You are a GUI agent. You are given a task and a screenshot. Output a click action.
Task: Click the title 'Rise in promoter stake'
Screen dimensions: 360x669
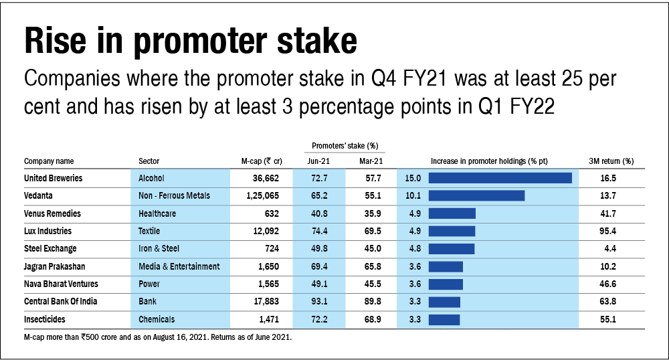click(190, 41)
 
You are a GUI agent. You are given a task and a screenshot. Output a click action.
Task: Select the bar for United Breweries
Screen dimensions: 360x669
click(500, 178)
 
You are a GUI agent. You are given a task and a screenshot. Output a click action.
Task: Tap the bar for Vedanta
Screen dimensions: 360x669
click(476, 195)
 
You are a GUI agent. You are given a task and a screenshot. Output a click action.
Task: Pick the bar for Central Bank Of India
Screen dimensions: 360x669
click(444, 301)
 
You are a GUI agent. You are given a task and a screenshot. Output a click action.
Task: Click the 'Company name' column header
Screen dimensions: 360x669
click(49, 161)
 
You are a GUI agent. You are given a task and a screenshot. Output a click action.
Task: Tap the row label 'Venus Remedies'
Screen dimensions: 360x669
click(52, 213)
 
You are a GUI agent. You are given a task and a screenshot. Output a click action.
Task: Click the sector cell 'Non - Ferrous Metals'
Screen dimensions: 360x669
click(174, 195)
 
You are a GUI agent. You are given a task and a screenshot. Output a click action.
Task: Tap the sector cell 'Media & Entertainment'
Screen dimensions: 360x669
click(179, 266)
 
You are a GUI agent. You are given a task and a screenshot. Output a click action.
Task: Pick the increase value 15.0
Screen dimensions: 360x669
click(413, 178)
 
